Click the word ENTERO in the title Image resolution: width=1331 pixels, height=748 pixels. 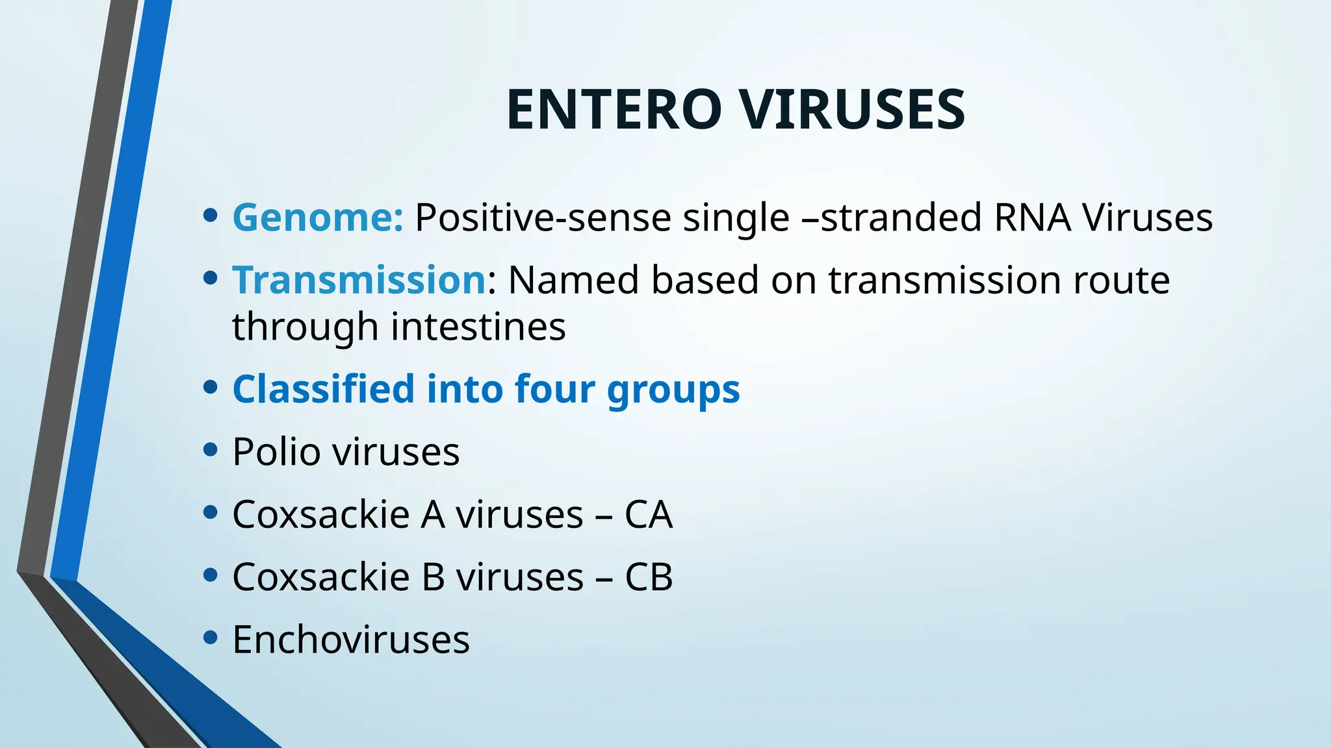pos(614,110)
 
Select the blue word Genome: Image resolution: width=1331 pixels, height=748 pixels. pos(318,217)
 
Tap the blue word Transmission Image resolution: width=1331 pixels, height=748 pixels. pos(359,280)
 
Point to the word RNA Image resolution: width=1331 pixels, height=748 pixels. pos(1032,217)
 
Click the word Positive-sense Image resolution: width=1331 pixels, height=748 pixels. pos(543,218)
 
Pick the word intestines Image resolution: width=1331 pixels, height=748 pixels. pos(478,326)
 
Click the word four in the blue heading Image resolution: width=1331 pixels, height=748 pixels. pos(554,389)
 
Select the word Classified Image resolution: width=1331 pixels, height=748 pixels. pos(323,389)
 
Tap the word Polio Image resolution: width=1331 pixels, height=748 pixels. pos(276,451)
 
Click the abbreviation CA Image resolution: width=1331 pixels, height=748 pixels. pos(648,514)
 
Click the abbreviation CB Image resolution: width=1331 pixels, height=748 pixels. pos(648,577)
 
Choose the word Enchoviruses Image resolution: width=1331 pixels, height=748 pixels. pos(350,640)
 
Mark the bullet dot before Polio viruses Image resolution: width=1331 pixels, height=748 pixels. pos(209,449)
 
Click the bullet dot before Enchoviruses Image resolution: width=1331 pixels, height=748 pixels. pos(209,638)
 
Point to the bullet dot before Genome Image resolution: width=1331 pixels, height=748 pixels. pos(209,215)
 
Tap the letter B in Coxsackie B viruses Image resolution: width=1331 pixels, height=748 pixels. pos(433,577)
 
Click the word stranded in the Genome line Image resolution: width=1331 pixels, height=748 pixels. pos(901,217)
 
